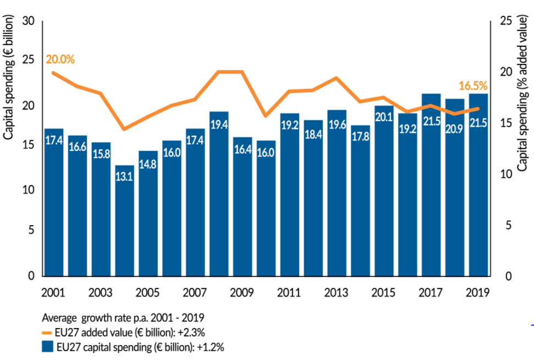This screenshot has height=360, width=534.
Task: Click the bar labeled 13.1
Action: tap(124, 220)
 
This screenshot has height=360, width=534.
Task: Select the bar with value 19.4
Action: tap(219, 193)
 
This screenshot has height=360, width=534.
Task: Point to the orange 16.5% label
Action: tap(474, 85)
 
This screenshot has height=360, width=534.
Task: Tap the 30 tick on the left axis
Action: tap(29, 21)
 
